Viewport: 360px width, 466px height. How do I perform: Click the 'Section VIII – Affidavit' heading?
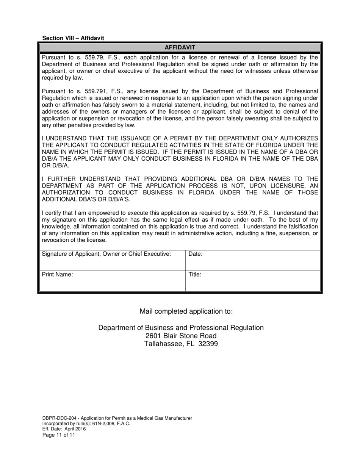[73, 38]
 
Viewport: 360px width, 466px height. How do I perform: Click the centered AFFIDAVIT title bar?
[180, 47]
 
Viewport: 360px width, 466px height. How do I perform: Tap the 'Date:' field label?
[195, 254]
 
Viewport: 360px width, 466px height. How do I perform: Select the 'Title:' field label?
[195, 275]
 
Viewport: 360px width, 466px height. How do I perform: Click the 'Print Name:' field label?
[57, 275]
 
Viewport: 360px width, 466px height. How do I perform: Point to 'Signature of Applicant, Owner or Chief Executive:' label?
[106, 254]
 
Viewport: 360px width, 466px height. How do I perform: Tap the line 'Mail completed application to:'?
[186, 311]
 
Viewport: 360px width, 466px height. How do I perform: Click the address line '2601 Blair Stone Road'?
[181, 336]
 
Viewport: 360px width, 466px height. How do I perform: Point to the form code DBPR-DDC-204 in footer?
[58, 418]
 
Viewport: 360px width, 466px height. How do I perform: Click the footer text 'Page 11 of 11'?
[59, 435]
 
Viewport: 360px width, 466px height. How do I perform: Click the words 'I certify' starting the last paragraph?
[52, 213]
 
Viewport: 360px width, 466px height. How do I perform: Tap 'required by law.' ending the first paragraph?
[62, 78]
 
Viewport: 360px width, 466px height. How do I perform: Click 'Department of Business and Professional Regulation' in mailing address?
[181, 328]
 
